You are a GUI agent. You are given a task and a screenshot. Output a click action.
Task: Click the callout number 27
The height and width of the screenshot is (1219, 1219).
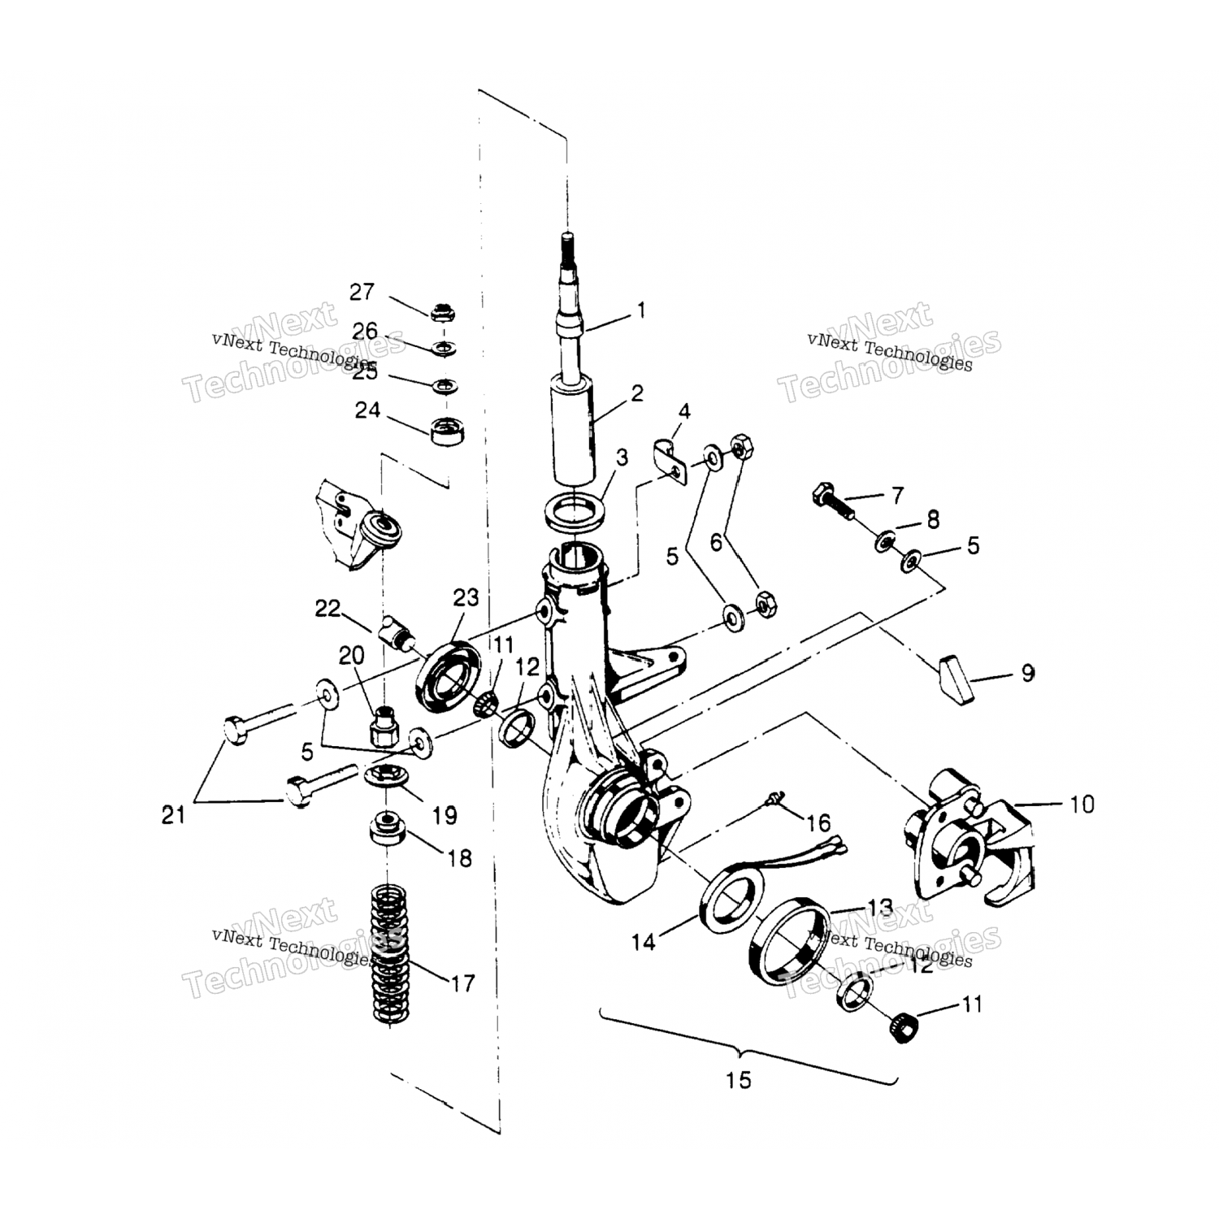click(362, 292)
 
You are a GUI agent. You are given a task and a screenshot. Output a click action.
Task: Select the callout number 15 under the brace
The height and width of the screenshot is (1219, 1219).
click(739, 1080)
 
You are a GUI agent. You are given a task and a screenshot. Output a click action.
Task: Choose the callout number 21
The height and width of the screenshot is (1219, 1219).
click(173, 814)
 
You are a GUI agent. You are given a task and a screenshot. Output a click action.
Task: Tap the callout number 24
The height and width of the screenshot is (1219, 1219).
click(367, 410)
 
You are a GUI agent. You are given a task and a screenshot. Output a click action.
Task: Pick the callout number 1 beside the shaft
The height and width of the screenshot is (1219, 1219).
click(641, 310)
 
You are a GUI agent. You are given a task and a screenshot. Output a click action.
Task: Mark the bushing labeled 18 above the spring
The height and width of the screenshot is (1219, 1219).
click(387, 829)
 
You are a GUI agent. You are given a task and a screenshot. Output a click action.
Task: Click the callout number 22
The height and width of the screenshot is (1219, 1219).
click(328, 608)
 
